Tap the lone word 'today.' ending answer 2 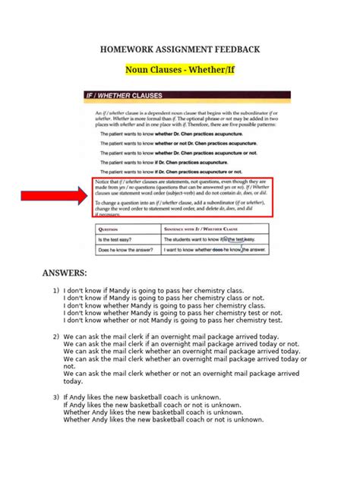click(x=74, y=381)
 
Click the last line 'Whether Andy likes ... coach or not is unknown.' click(x=163, y=419)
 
